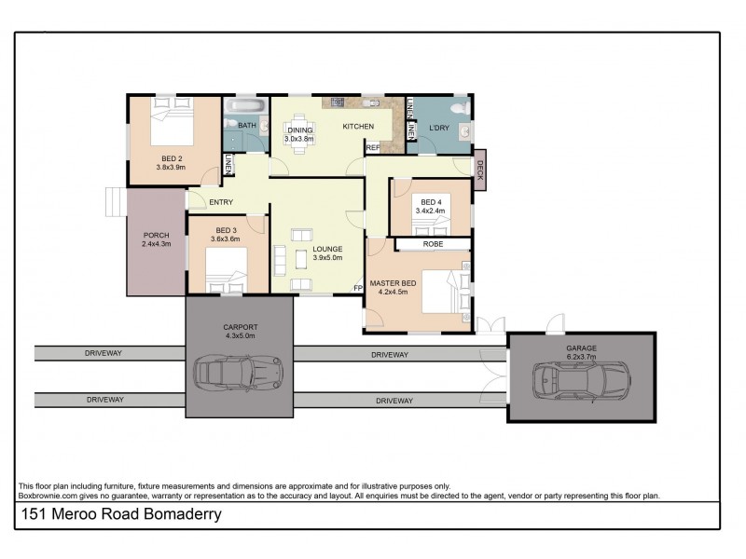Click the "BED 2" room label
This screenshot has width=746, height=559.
coord(171,158)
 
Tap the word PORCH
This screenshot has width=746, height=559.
coord(156,235)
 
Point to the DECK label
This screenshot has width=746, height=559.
coord(480,170)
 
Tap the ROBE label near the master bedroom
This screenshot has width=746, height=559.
coord(433,244)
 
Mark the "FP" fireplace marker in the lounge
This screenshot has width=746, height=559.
coord(357,288)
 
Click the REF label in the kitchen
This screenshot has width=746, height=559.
coord(372,147)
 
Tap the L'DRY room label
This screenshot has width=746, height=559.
coord(439,127)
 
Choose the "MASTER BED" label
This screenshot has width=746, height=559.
coord(392,281)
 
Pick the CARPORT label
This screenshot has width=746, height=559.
coord(240,326)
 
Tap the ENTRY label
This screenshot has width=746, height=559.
coord(221,202)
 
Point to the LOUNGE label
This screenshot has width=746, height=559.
coord(327,249)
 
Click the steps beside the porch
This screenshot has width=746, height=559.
coord(115,200)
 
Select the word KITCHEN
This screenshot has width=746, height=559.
coord(358,127)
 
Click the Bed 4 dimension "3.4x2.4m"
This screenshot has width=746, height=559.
coord(431,211)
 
